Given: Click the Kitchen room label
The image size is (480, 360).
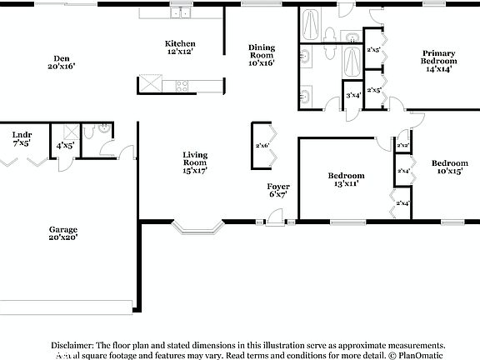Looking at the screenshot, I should coord(180,47).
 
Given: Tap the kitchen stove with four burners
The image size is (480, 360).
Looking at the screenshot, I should coord(182,83).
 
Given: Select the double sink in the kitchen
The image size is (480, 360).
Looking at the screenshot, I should coord(181,12).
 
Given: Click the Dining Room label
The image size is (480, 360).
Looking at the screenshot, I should coord(262,54).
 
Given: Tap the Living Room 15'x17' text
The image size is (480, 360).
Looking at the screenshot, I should coord(195,161).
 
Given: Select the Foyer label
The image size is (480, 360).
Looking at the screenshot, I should coord(278,189).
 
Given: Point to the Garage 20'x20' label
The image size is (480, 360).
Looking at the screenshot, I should coord(62,233).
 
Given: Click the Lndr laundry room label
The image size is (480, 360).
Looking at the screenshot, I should coord(22,138).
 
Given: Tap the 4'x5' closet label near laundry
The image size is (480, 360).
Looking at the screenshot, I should coord(64,145).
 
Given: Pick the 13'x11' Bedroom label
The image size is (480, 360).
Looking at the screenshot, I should coord(345,180).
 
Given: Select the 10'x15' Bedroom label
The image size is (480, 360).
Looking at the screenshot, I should coord(450,167).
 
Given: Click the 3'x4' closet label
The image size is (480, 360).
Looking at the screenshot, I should coord(353,95).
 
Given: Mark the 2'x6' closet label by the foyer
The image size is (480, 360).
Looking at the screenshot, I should coord(262,145).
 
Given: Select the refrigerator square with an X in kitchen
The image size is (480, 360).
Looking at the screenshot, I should coord(149,83).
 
